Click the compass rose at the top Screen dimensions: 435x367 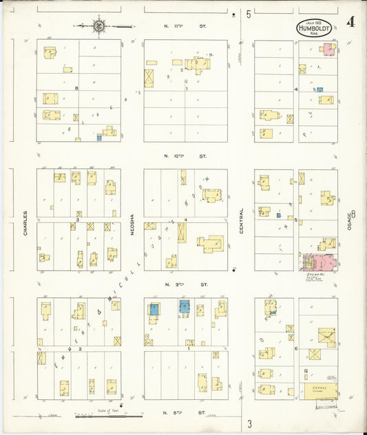click(99, 26)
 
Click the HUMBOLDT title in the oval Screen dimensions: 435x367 click(314, 29)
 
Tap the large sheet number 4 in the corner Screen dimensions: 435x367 click(352, 21)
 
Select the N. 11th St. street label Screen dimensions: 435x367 click(185, 26)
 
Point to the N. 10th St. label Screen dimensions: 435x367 click(185, 156)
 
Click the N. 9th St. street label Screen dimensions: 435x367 click(185, 284)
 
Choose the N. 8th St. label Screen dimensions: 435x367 click(185, 413)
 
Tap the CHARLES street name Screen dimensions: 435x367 click(25, 224)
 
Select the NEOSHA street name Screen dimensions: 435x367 click(132, 223)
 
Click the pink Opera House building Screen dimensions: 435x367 click(319, 262)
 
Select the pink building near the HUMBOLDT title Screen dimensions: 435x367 click(329, 49)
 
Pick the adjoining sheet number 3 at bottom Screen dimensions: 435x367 click(251, 422)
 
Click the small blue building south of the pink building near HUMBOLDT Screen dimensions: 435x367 click(319, 89)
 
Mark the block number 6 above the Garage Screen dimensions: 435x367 click(295, 349)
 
